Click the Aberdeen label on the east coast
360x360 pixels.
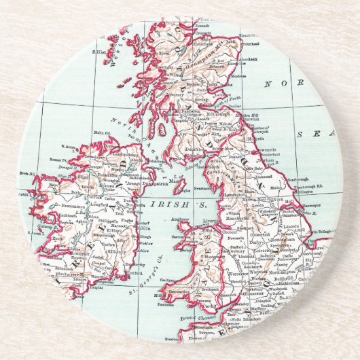(250, 59)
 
